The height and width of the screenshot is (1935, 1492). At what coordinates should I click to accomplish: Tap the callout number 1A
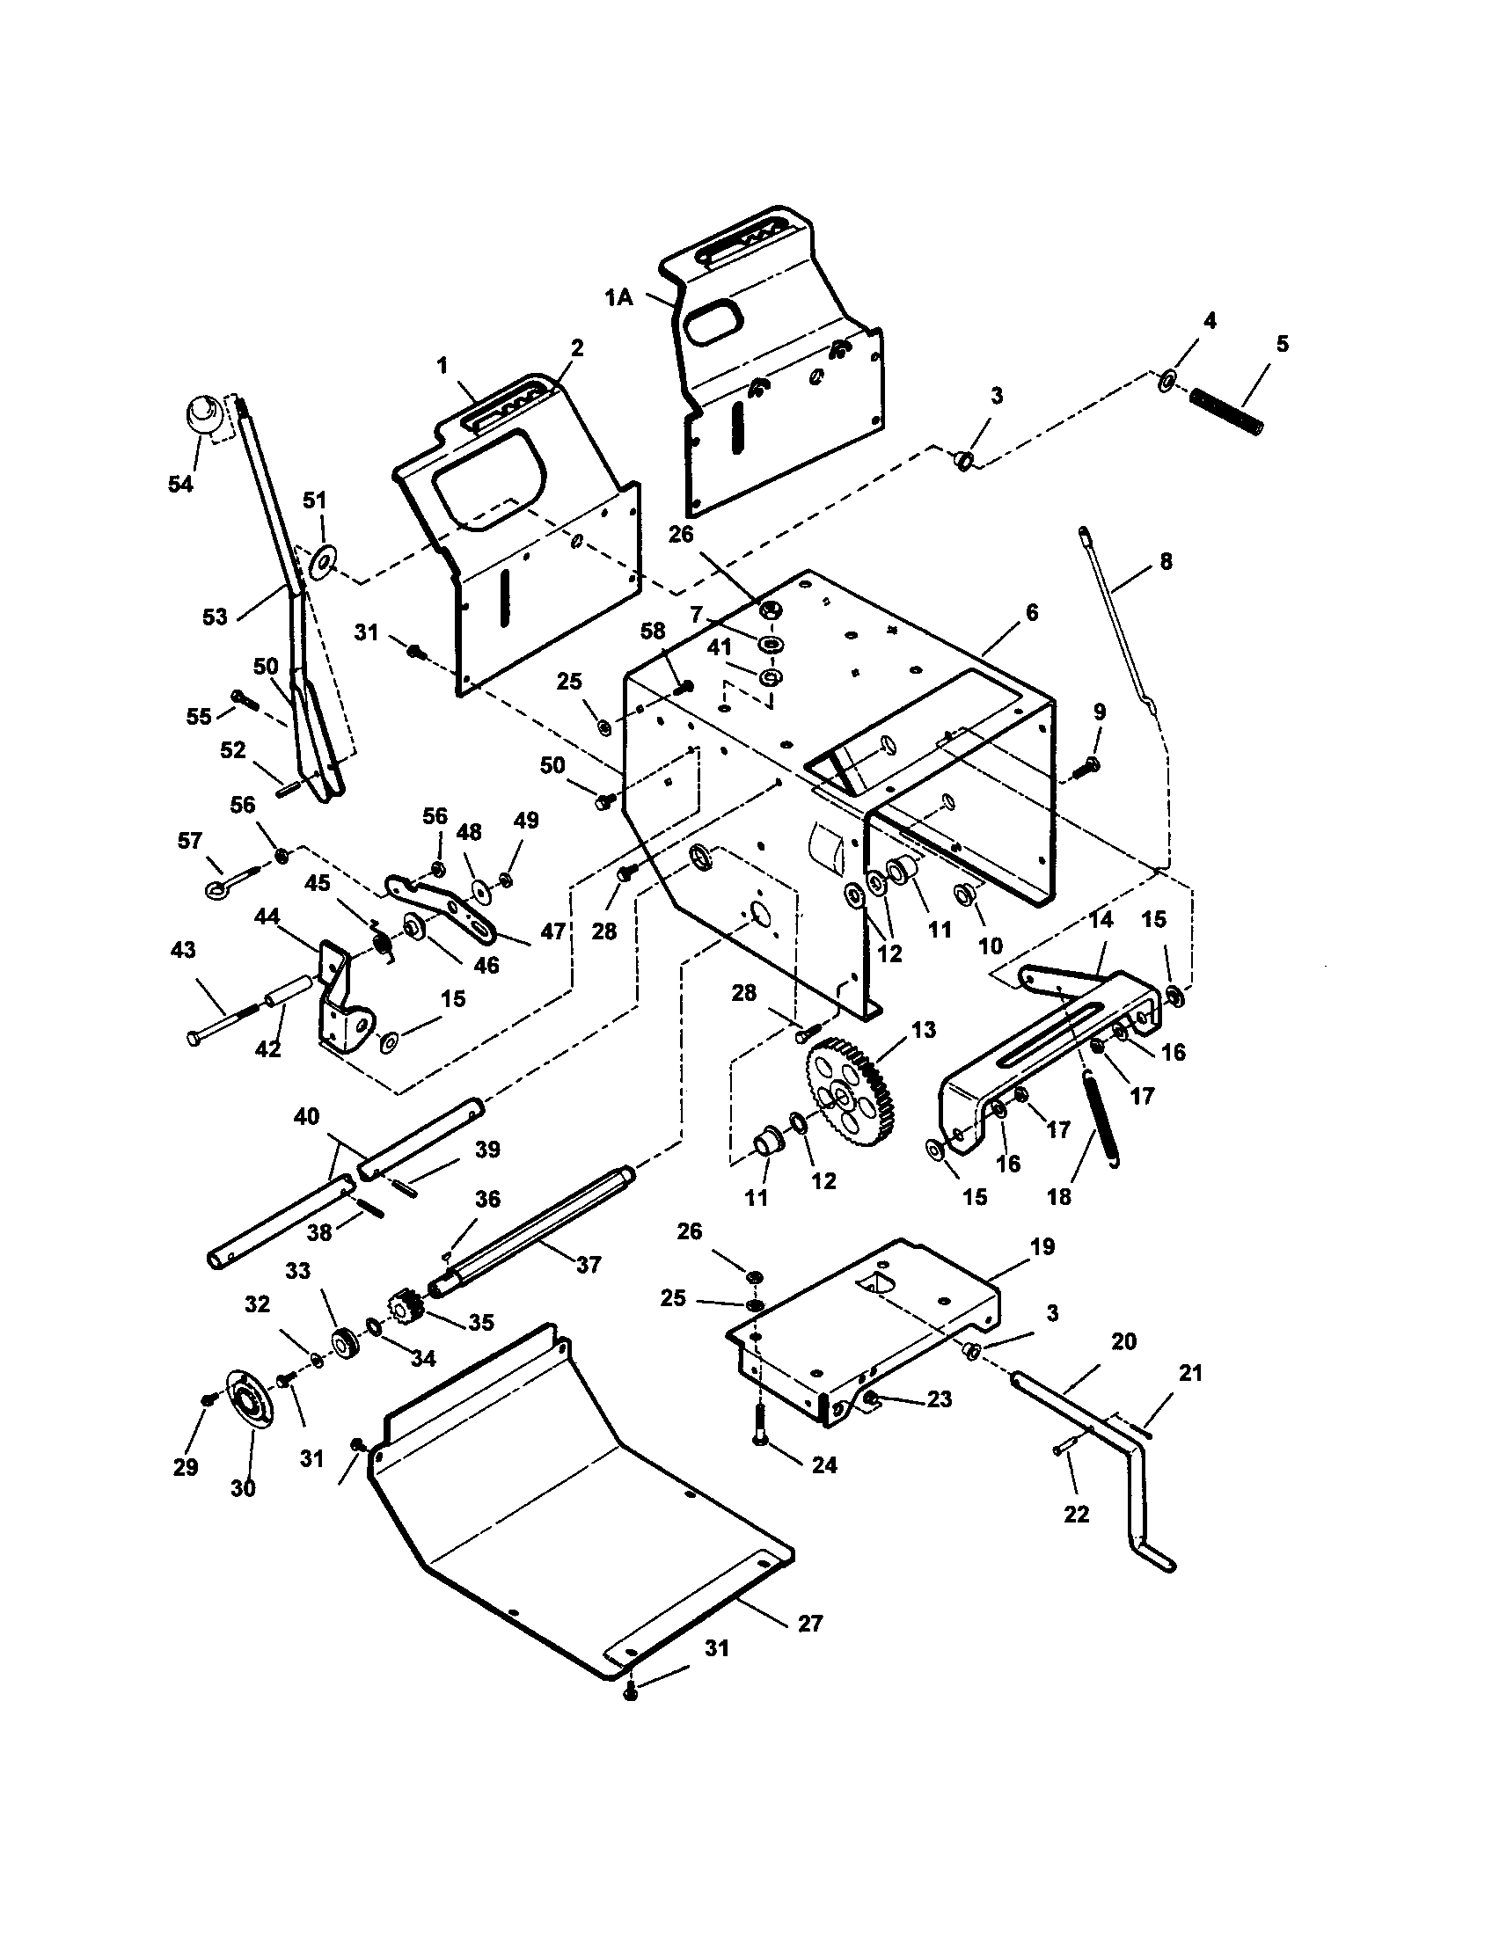[x=619, y=298]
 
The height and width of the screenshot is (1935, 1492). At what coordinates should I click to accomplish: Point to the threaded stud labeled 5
[x=1226, y=411]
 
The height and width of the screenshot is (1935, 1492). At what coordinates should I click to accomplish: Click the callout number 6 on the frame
[x=1031, y=612]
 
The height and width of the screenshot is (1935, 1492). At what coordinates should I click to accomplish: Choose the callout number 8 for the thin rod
[x=1166, y=561]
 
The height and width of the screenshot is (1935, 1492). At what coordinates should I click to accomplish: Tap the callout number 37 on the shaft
[x=589, y=1264]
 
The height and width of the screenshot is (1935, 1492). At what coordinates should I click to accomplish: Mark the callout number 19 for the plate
[x=1042, y=1245]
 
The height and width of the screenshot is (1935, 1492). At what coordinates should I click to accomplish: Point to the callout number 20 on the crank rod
[x=1123, y=1341]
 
